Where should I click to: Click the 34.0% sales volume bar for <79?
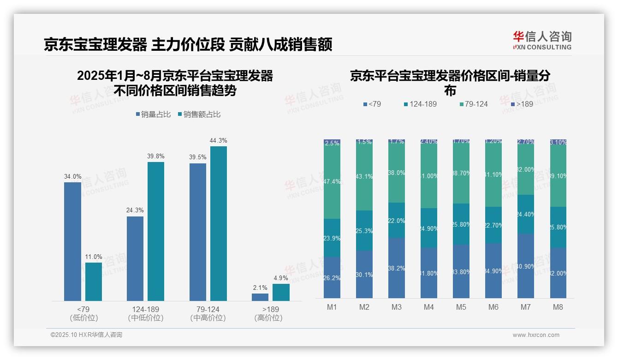point(72,241)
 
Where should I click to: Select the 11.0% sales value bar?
point(94,282)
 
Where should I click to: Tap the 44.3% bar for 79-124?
point(219,223)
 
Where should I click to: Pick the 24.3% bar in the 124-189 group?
point(135,258)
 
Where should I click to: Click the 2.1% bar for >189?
point(260,297)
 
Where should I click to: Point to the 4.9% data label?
point(280,278)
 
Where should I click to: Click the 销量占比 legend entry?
point(155,114)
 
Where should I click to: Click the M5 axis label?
point(461,307)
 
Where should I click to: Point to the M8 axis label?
point(558,307)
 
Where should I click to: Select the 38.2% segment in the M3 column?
point(397,268)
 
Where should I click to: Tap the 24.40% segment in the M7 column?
point(526,214)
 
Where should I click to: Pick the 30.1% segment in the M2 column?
point(364,274)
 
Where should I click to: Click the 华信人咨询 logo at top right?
point(542,40)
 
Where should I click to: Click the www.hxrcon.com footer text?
point(536,335)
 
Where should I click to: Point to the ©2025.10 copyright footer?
point(86,335)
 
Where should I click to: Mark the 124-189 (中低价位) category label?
point(145,313)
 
